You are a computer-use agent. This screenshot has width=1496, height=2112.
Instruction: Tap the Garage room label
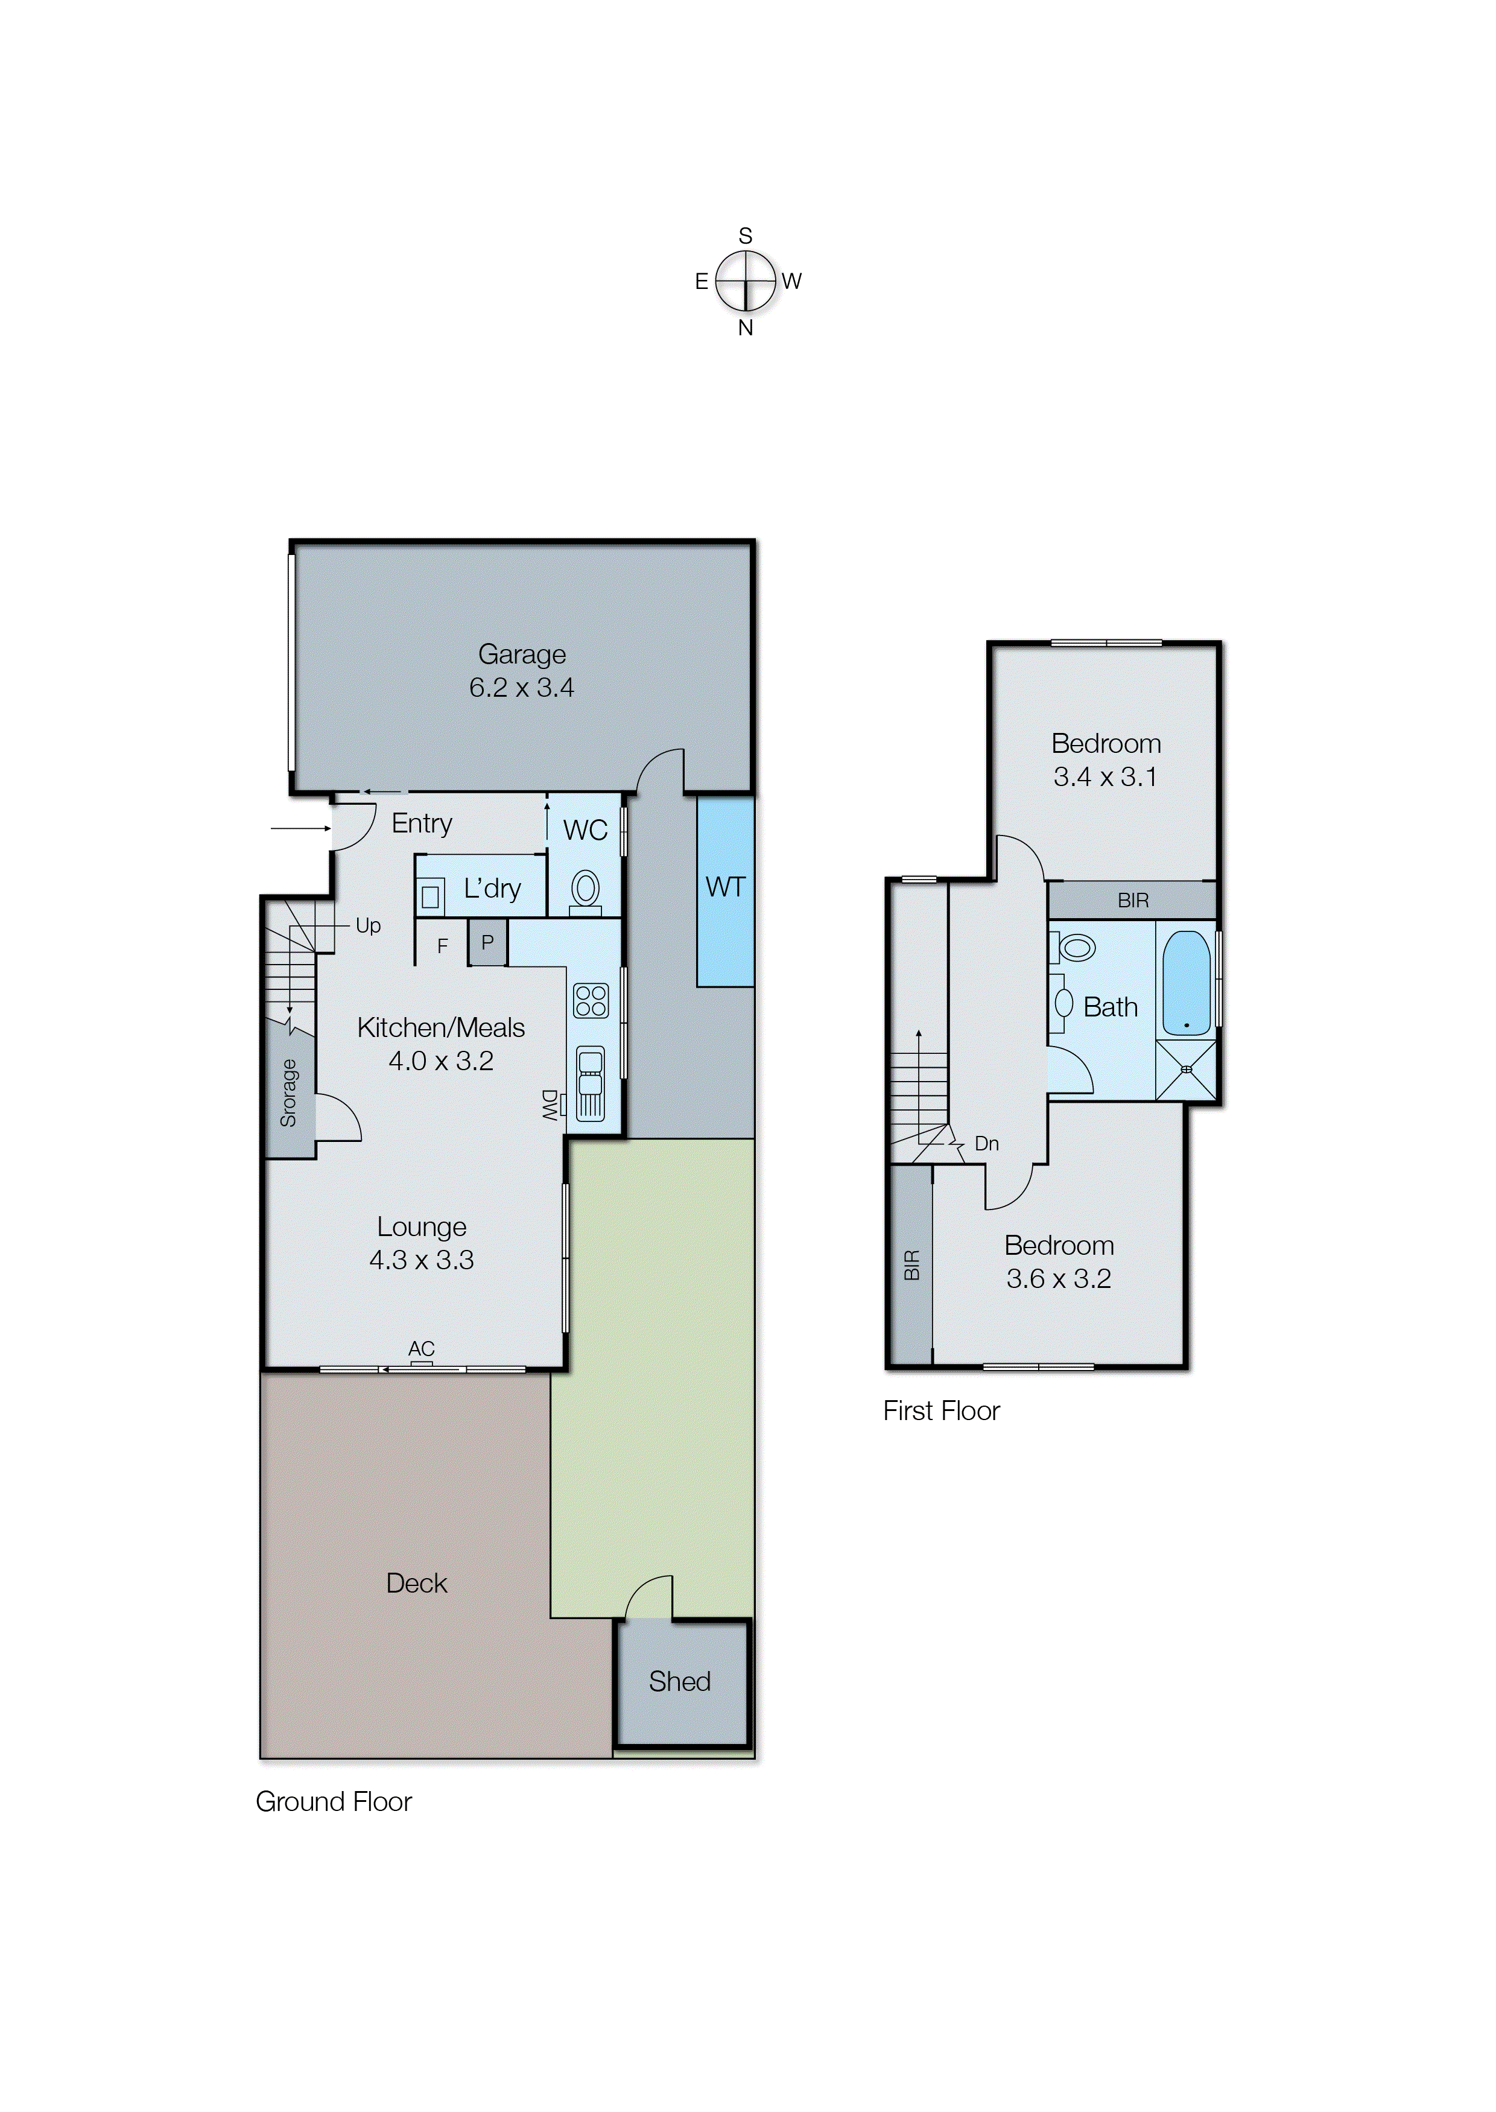pos(521,654)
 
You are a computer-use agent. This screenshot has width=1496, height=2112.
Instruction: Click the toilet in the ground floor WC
pos(585,890)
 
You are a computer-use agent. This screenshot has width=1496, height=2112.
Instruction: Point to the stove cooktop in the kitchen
pos(591,1000)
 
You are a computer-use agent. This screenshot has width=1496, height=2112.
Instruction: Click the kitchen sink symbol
pos(591,1082)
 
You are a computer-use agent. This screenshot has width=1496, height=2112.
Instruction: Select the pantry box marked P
pos(487,942)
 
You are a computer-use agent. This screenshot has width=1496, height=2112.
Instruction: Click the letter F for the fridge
pos(442,946)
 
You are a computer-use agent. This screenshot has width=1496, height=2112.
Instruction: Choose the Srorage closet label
pos(288,1093)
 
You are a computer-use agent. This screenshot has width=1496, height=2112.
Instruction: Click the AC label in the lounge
pos(421,1348)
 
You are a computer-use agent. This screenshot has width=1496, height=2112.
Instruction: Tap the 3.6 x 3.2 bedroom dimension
pos(1059,1278)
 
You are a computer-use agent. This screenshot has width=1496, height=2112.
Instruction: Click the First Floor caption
pos(940,1411)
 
